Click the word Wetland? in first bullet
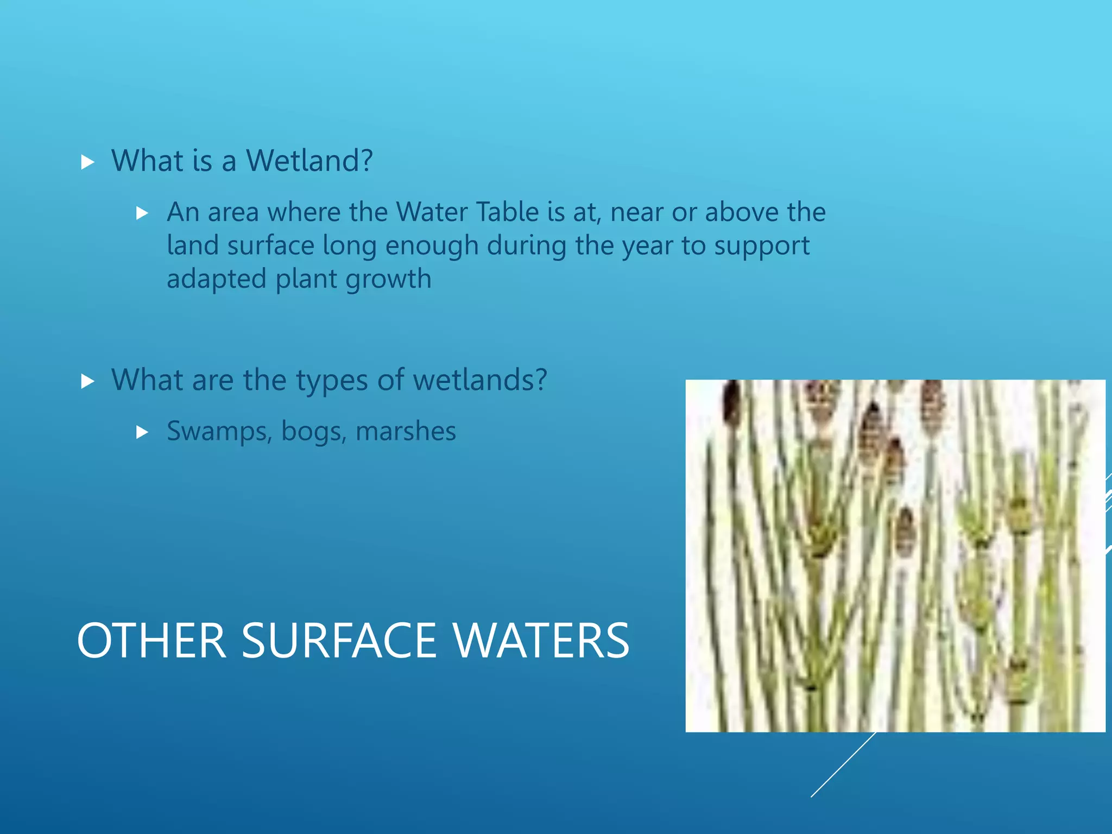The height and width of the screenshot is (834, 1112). click(309, 161)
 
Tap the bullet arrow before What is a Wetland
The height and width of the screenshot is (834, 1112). click(87, 162)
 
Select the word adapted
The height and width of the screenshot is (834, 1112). click(217, 280)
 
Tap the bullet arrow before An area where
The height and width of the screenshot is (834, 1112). click(142, 213)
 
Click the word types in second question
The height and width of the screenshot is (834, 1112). click(332, 381)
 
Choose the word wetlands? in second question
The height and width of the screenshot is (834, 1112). click(480, 380)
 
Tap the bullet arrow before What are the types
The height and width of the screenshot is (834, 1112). click(87, 381)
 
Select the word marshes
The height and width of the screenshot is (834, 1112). click(406, 432)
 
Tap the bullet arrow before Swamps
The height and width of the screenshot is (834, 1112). click(142, 433)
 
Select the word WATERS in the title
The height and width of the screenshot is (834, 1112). click(541, 641)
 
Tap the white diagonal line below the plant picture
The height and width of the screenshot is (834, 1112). click(843, 765)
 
